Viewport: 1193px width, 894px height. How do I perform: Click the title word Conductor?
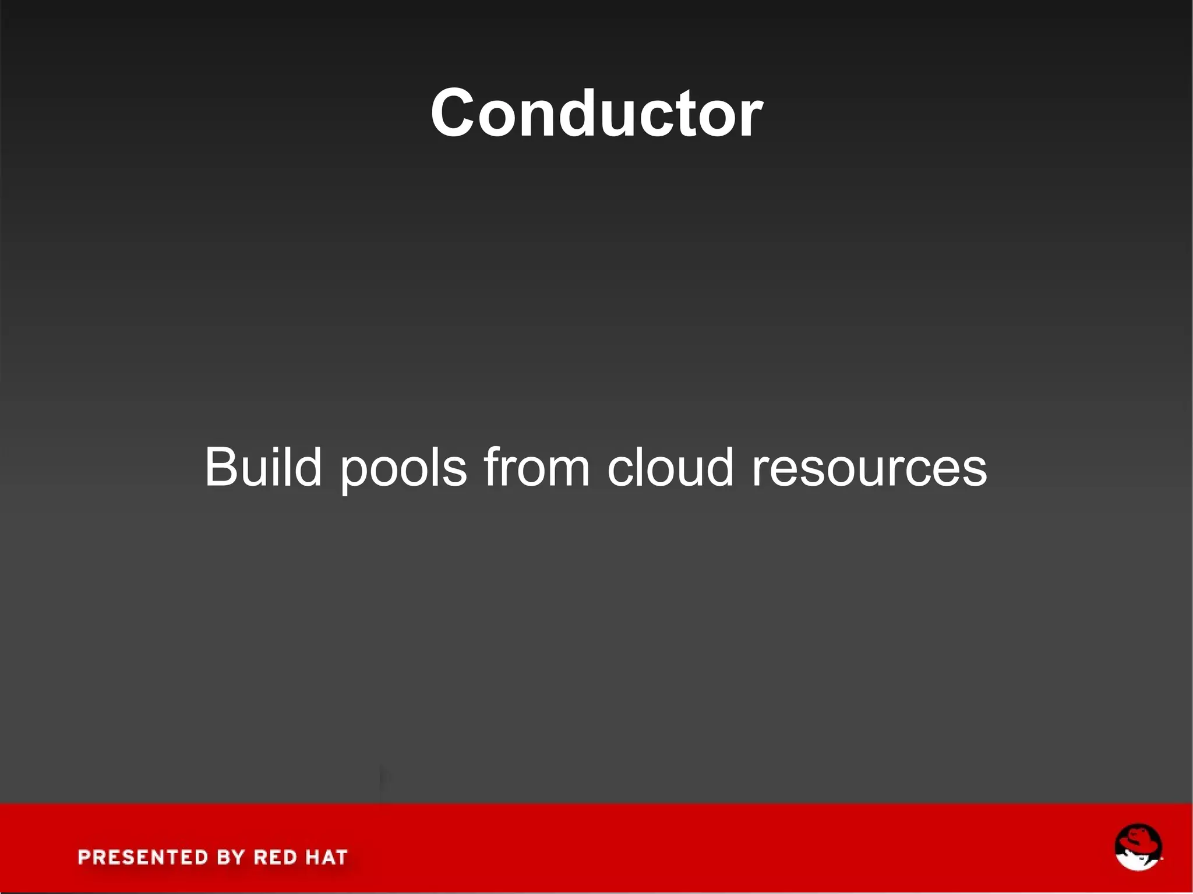(x=596, y=113)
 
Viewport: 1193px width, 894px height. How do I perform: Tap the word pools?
(x=404, y=468)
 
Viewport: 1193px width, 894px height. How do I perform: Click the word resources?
(x=869, y=468)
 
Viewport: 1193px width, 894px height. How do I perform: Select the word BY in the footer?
(x=231, y=857)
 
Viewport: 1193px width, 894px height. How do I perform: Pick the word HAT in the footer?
(x=326, y=857)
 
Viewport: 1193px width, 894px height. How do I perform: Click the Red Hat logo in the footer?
(x=1138, y=848)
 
